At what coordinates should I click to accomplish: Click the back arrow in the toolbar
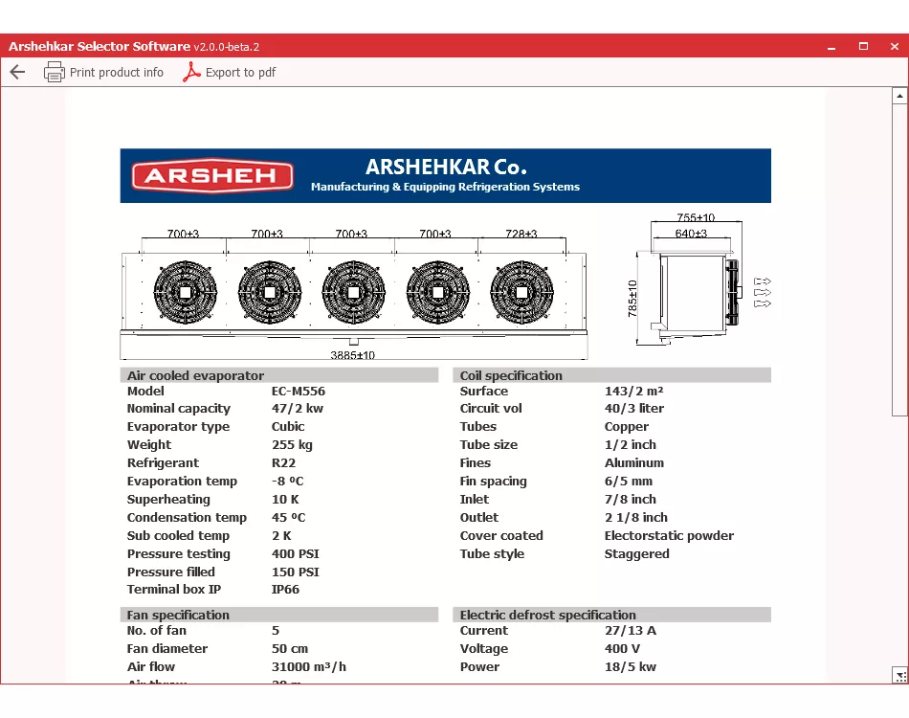point(17,72)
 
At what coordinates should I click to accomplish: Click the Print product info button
point(104,72)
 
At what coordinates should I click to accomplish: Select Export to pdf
point(230,72)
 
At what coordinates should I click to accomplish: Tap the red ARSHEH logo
point(212,176)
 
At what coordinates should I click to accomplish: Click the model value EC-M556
point(299,391)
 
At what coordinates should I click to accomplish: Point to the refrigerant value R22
point(285,462)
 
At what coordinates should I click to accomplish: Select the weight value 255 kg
point(292,444)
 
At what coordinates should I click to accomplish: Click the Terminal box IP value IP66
point(285,589)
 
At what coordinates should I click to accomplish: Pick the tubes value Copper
point(627,426)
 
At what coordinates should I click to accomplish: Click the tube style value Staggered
point(636,553)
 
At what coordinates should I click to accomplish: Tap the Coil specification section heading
point(511,375)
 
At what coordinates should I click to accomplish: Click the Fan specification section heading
point(178,615)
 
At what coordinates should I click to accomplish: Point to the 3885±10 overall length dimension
point(353,355)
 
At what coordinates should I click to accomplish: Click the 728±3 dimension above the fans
point(521,234)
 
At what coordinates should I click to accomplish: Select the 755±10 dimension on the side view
point(696,218)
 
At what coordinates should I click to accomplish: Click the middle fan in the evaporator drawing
point(353,292)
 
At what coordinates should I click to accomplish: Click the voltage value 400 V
point(623,648)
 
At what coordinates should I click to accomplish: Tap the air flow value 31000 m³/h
point(308,666)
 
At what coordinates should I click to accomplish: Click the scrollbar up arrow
point(899,96)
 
